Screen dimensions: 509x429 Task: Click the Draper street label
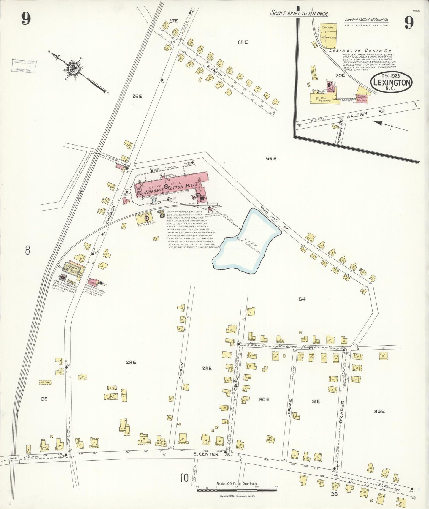[x=342, y=412]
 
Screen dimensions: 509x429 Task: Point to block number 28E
[x=131, y=362]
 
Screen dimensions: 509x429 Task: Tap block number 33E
[x=379, y=411]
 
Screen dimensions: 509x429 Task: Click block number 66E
[x=271, y=159]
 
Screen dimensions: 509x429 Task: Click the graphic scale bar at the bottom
[x=237, y=490]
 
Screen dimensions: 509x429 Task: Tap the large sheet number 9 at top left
[x=26, y=19]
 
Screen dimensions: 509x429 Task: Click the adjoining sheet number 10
[x=184, y=478]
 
